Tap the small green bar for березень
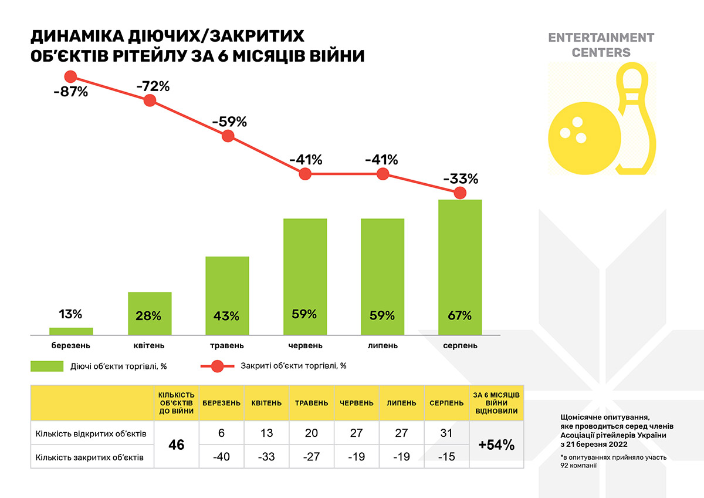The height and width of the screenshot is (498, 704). pyautogui.click(x=71, y=331)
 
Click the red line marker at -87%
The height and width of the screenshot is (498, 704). pyautogui.click(x=71, y=76)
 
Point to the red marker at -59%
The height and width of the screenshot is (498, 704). pyautogui.click(x=228, y=136)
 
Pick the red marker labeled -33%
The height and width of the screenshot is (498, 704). pyautogui.click(x=460, y=193)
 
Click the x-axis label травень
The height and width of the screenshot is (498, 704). pyautogui.click(x=226, y=346)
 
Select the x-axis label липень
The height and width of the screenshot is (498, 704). pyautogui.click(x=382, y=346)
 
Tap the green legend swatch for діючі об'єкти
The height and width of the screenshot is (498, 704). pyautogui.click(x=47, y=366)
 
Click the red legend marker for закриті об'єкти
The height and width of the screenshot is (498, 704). pyautogui.click(x=218, y=366)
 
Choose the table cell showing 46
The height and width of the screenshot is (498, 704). pyautogui.click(x=177, y=445)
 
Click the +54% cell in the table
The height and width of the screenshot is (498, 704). pyautogui.click(x=496, y=445)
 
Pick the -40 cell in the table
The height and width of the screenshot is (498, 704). pyautogui.click(x=221, y=457)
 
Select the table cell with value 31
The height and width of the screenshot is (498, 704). pyautogui.click(x=447, y=433)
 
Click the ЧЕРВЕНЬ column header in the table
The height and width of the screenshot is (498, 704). pyautogui.click(x=357, y=403)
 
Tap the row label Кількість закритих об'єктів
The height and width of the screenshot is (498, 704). pyautogui.click(x=90, y=457)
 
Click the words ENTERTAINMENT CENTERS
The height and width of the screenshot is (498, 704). pyautogui.click(x=601, y=45)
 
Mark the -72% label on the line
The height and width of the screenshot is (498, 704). pyautogui.click(x=153, y=86)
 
